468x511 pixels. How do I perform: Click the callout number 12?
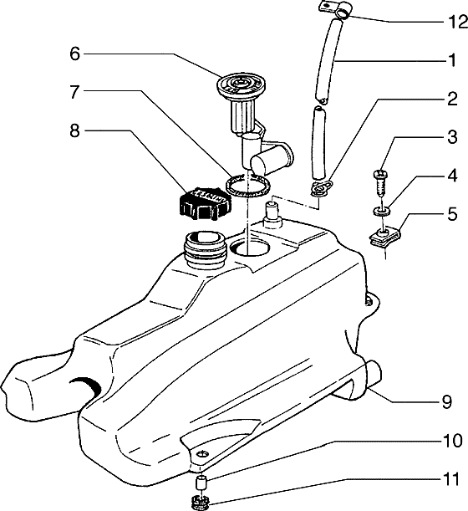click(455, 22)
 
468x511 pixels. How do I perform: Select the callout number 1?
click(452, 60)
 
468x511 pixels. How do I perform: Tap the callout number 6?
click(74, 54)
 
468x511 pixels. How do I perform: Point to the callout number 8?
click(74, 131)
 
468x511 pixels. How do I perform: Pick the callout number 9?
click(447, 401)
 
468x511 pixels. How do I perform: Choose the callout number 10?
click(452, 440)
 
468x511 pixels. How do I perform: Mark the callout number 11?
click(452, 479)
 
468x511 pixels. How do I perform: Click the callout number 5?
click(452, 214)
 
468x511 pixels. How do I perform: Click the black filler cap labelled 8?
click(206, 203)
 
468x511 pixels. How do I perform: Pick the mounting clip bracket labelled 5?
click(384, 238)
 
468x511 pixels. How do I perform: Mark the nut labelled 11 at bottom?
click(202, 502)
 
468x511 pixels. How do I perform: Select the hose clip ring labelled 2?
click(321, 189)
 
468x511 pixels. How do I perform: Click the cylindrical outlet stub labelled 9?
click(374, 374)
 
